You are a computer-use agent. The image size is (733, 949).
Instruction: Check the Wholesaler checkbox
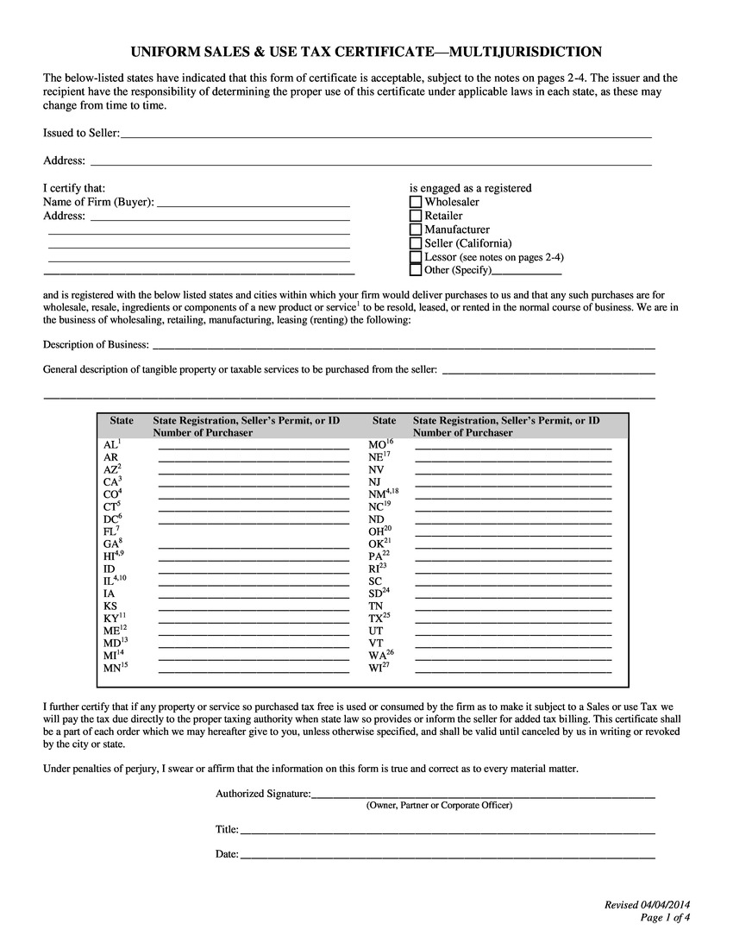coord(416,202)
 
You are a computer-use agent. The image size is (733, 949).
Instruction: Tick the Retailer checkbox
coord(416,216)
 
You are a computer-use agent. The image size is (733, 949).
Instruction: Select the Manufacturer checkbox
coord(416,229)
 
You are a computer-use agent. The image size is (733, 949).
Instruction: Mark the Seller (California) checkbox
coord(416,243)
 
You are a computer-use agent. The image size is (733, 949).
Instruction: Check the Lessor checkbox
coord(416,257)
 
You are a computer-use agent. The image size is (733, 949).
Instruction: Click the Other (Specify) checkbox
coord(416,270)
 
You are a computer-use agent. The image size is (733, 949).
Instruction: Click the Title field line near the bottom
coord(447,832)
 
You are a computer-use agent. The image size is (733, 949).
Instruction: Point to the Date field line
coord(447,857)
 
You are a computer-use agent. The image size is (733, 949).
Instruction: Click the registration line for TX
coord(513,620)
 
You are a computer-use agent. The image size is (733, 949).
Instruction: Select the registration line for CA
coord(254,483)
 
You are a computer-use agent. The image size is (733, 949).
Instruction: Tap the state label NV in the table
coord(376,469)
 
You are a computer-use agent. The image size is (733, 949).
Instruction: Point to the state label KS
coord(110,606)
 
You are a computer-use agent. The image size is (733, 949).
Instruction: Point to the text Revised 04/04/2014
coord(647,904)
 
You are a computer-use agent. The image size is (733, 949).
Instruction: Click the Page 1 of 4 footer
coord(665,917)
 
